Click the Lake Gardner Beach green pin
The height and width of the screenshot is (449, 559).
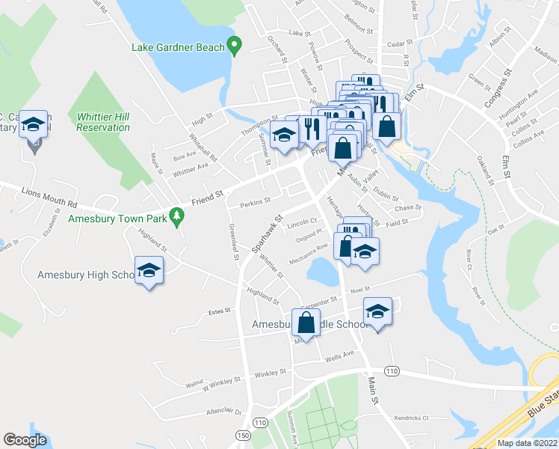pos(234,46)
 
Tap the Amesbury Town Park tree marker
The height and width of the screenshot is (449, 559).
pos(176,217)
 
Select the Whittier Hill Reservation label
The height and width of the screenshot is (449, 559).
pos(103,122)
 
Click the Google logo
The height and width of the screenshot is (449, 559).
pos(25,440)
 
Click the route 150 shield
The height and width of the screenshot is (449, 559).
pos(242,435)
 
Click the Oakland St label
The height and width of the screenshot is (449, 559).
pos(487,171)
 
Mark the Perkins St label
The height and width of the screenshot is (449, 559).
pos(254,202)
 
